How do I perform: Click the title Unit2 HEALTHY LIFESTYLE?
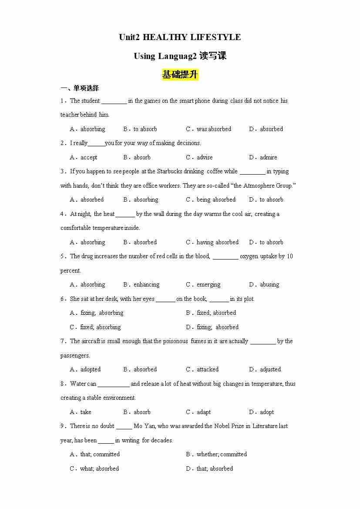click(x=180, y=37)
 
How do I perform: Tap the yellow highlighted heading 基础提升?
click(x=180, y=75)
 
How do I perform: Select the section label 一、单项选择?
click(x=80, y=88)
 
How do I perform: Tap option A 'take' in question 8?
click(x=86, y=412)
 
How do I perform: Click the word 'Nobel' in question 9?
click(x=222, y=426)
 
